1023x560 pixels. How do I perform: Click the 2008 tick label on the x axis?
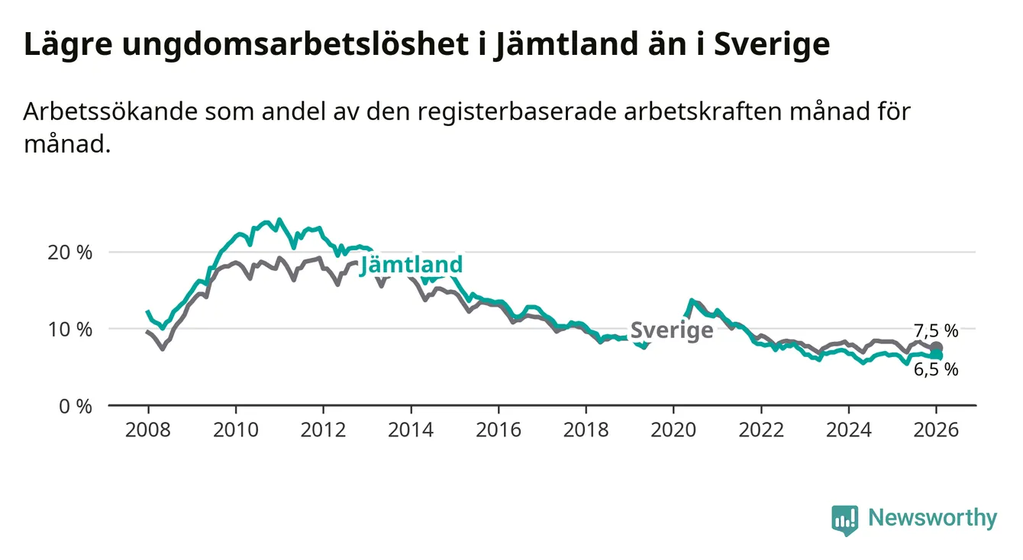[x=148, y=430]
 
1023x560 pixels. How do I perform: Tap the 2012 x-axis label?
[x=323, y=430]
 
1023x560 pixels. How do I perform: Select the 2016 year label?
[x=498, y=430]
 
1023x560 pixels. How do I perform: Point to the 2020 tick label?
[x=673, y=430]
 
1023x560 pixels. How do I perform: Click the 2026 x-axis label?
[x=936, y=430]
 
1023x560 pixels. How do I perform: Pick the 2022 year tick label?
[x=761, y=430]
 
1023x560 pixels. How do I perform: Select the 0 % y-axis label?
[x=77, y=406]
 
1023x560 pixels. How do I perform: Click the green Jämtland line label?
[x=411, y=265]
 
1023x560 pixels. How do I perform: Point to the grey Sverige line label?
[x=672, y=330]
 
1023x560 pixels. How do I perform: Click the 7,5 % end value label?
[x=935, y=330]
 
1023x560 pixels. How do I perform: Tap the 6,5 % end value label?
[x=935, y=370]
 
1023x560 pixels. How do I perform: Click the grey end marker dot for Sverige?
[x=937, y=348]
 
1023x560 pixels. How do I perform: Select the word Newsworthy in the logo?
[x=932, y=519]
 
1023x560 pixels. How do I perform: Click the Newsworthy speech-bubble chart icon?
[x=844, y=520]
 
